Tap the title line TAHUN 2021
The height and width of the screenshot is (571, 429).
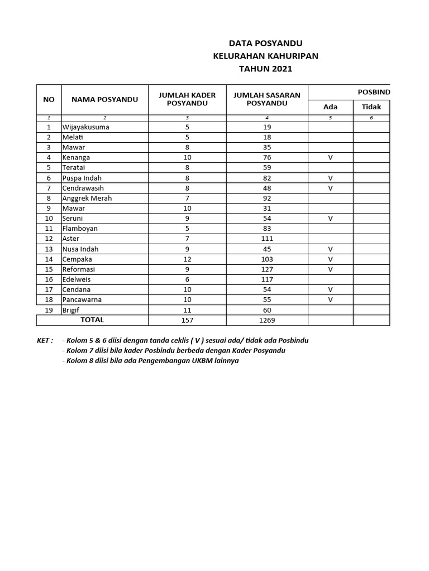pyautogui.click(x=265, y=69)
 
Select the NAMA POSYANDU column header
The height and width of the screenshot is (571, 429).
pyautogui.click(x=104, y=99)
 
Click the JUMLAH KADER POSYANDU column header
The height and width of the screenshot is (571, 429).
pyautogui.click(x=187, y=99)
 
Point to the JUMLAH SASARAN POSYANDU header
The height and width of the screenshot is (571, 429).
pyautogui.click(x=267, y=99)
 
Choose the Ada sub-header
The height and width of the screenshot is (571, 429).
pyautogui.click(x=331, y=107)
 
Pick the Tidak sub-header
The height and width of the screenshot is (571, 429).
pyautogui.click(x=371, y=107)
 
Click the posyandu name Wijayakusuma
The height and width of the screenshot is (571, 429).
pyautogui.click(x=86, y=127)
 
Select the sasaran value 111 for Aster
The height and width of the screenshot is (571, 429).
pyautogui.click(x=267, y=239)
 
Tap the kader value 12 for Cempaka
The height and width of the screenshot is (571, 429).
pyautogui.click(x=187, y=259)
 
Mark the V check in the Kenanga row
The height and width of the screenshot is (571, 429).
pyautogui.click(x=331, y=158)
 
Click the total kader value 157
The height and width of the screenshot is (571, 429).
pyautogui.click(x=187, y=321)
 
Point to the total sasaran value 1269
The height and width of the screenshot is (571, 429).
pyautogui.click(x=267, y=321)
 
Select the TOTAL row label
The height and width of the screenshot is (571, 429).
pyautogui.click(x=92, y=320)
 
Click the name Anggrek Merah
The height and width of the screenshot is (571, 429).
pyautogui.click(x=87, y=198)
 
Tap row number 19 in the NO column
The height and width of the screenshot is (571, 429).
pyautogui.click(x=49, y=310)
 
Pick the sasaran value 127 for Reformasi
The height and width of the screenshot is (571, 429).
pyautogui.click(x=267, y=269)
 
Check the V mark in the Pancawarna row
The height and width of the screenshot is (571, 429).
pyautogui.click(x=331, y=299)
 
